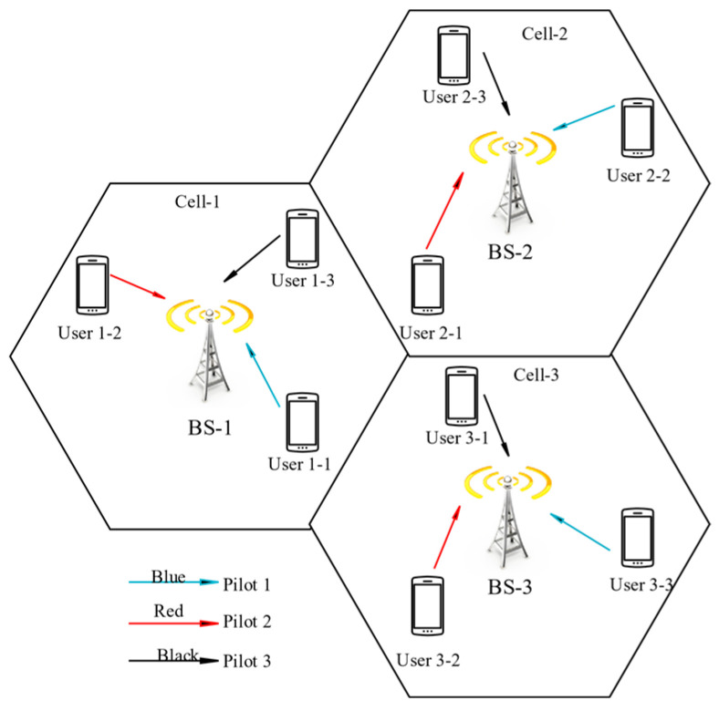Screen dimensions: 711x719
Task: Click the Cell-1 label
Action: tap(199, 201)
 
